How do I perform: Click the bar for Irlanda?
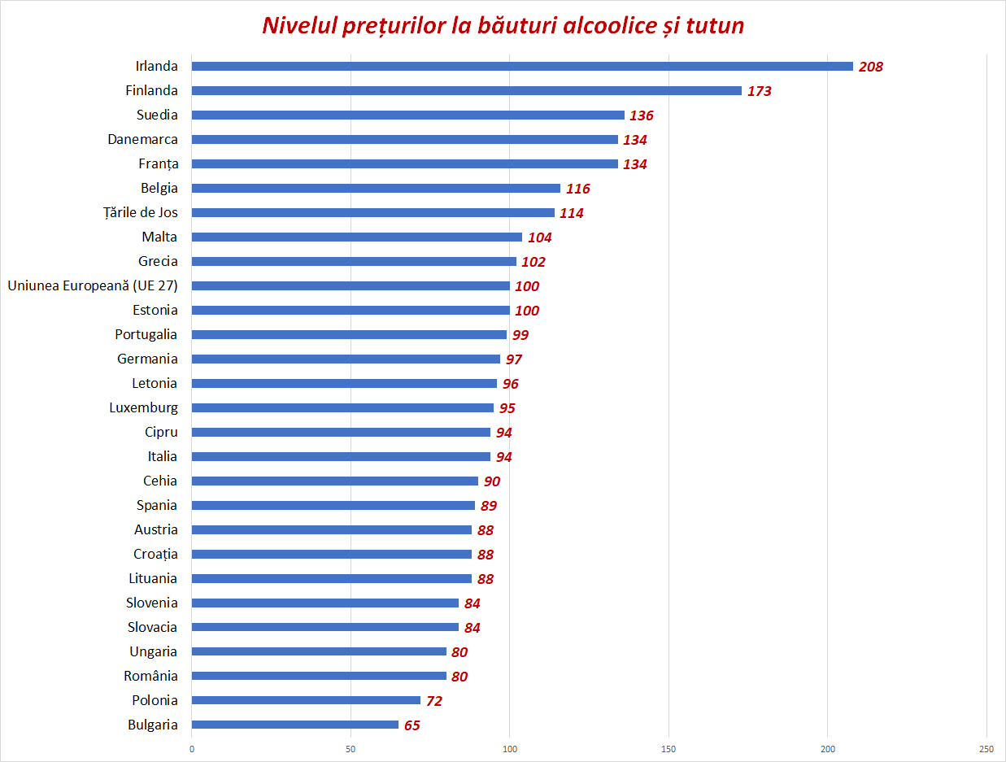[522, 67]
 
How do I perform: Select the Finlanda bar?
[467, 91]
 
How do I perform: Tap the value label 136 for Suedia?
[642, 115]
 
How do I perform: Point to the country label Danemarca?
[143, 139]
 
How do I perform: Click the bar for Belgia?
[376, 189]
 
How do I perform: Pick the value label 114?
[572, 213]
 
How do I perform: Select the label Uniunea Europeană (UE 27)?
[93, 285]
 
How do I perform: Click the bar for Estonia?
[351, 311]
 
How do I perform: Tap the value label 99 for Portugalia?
[520, 335]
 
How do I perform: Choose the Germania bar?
[346, 359]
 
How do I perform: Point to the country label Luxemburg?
[144, 407]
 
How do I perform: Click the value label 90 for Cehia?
[492, 481]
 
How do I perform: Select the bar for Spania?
[333, 506]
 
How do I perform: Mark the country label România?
[151, 676]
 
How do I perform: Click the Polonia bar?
[306, 700]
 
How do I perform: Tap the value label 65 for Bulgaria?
[412, 725]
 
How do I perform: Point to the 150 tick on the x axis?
[668, 748]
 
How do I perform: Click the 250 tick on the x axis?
[986, 748]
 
